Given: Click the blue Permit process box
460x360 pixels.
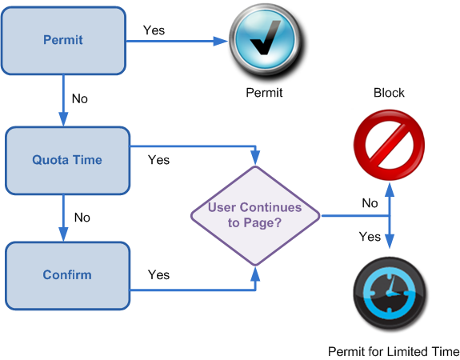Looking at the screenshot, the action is tap(63, 41).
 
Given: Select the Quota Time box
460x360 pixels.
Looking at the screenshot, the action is tap(67, 161).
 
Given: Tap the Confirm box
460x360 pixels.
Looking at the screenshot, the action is tap(67, 276).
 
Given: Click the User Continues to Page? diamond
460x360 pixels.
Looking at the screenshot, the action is tap(255, 216).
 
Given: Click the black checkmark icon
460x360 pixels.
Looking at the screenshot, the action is tap(266, 38).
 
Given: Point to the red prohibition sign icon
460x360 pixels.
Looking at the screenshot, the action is tap(390, 145).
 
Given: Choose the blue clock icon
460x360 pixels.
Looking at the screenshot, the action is tap(390, 294).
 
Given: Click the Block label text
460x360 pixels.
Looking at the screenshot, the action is tap(389, 93).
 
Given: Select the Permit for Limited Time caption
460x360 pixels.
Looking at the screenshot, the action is tap(394, 351).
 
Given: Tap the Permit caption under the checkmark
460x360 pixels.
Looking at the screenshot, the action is tap(264, 93).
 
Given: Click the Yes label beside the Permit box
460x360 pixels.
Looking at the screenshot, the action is tap(154, 30).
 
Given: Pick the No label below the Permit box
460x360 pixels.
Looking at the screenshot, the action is tap(80, 98).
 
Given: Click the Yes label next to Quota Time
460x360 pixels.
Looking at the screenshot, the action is tap(158, 160).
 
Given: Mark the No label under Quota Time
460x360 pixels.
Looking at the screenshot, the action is tap(82, 218).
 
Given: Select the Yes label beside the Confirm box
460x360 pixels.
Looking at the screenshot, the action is tap(158, 275).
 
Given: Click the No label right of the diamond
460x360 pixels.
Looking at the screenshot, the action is tap(370, 203).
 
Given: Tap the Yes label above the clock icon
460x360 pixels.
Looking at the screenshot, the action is tap(370, 237).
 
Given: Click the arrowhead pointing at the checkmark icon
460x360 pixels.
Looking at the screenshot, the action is tap(221, 41).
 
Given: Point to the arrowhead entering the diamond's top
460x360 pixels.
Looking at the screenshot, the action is tap(255, 158).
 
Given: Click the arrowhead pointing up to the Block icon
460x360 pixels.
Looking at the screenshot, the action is tap(390, 190).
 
